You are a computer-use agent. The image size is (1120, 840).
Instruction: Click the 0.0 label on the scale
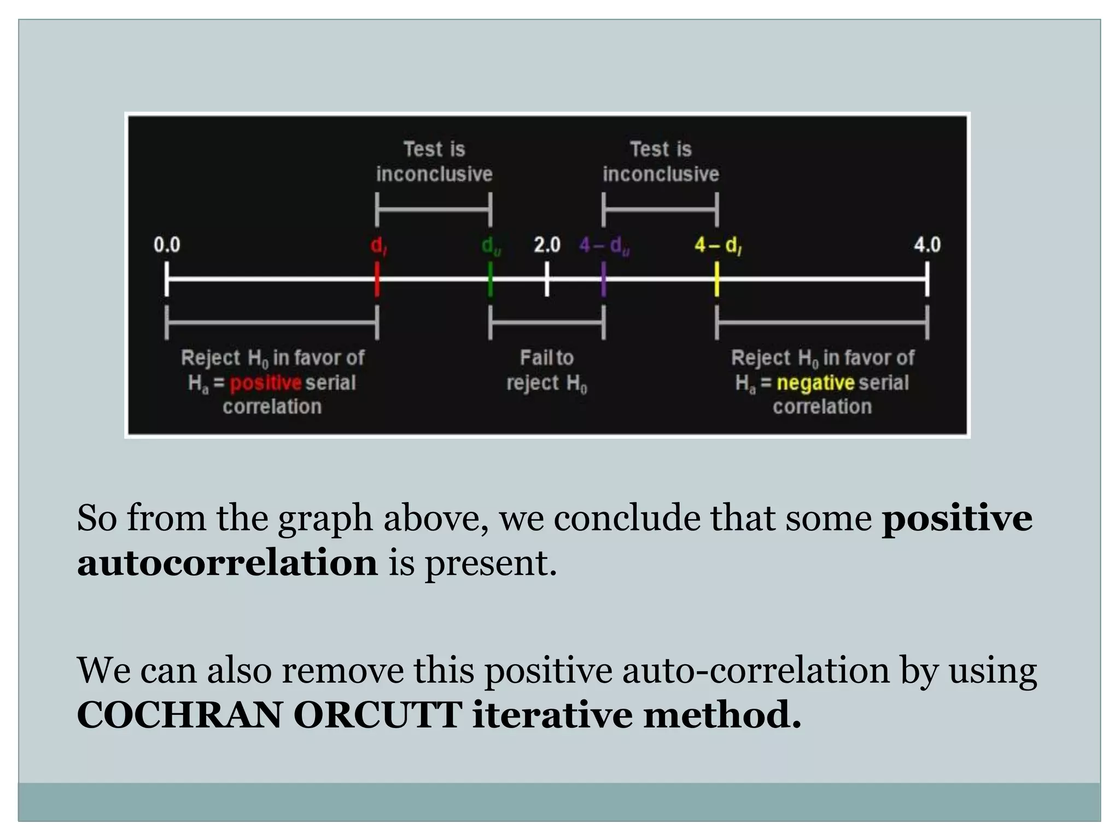167,244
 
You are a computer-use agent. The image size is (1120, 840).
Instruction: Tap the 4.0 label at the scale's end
927,244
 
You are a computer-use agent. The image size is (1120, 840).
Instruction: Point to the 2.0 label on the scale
547,244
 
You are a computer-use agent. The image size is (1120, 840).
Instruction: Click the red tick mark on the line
377,279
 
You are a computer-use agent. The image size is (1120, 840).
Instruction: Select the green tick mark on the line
490,279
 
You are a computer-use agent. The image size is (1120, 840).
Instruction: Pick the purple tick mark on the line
603,279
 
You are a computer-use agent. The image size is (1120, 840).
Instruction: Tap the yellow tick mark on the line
716,279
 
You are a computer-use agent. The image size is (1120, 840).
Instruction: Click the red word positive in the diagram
266,383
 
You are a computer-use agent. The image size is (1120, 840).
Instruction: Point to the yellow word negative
815,383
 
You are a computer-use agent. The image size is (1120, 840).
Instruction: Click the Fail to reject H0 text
547,370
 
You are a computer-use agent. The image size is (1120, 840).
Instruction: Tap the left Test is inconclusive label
434,161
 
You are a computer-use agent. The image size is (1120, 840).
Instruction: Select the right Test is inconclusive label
661,161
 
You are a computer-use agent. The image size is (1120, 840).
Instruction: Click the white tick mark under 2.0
547,279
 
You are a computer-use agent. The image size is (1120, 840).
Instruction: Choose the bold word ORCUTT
378,715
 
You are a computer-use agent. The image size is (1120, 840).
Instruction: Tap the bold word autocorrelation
227,562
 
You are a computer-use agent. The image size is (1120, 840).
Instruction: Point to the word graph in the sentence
325,518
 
